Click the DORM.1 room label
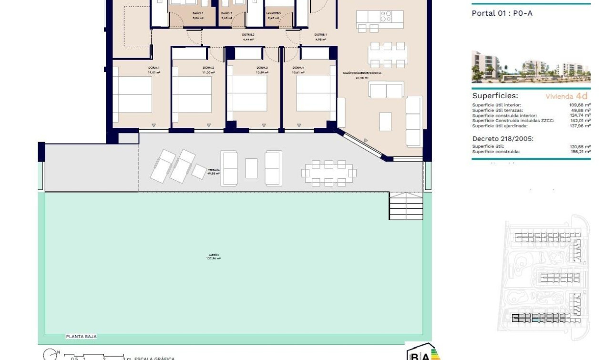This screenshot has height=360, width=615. pyautogui.click(x=154, y=68)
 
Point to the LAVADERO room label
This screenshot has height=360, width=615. pyautogui.click(x=274, y=13)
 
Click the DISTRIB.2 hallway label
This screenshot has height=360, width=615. pyautogui.click(x=248, y=35)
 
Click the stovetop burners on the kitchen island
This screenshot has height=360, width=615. pyautogui.click(x=386, y=17)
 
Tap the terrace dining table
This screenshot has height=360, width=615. pyautogui.click(x=328, y=173)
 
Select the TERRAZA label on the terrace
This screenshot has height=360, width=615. pyautogui.click(x=214, y=170)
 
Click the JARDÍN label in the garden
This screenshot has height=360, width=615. pyautogui.click(x=213, y=256)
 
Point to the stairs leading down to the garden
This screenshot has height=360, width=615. pyautogui.click(x=406, y=206)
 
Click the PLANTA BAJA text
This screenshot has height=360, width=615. pyautogui.click(x=81, y=337)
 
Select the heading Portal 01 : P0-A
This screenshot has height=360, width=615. pyautogui.click(x=502, y=13)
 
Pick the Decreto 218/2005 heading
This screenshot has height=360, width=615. pyautogui.click(x=502, y=139)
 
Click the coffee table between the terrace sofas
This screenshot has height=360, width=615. pyautogui.click(x=251, y=168)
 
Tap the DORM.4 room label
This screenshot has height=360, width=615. pyautogui.click(x=298, y=68)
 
